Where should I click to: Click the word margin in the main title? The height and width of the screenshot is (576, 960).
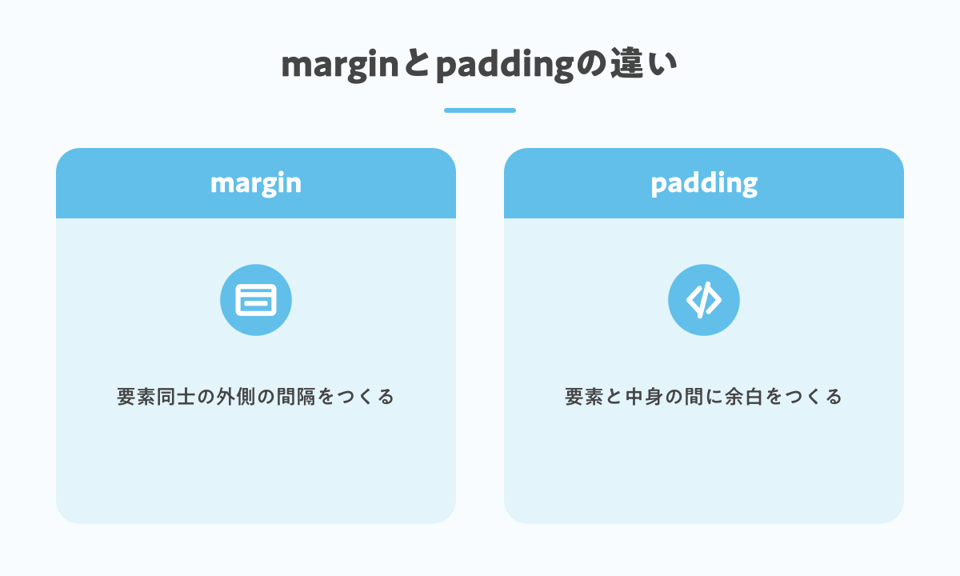point(340,65)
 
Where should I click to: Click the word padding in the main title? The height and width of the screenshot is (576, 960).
point(505,65)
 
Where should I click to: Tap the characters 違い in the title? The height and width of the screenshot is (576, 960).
point(644,63)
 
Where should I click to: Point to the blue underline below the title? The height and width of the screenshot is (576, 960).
point(479,110)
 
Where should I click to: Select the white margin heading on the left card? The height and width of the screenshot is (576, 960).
point(256,184)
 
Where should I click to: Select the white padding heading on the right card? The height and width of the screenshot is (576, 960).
point(704,184)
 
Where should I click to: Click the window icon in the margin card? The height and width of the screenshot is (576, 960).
point(256,300)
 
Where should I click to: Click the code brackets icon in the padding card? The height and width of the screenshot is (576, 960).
point(704,300)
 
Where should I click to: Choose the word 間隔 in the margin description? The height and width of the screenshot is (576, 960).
point(296,397)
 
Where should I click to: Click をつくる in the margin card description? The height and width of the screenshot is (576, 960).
point(357,397)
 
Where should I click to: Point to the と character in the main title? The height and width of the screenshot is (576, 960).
point(417,63)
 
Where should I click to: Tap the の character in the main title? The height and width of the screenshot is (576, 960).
point(591,64)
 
